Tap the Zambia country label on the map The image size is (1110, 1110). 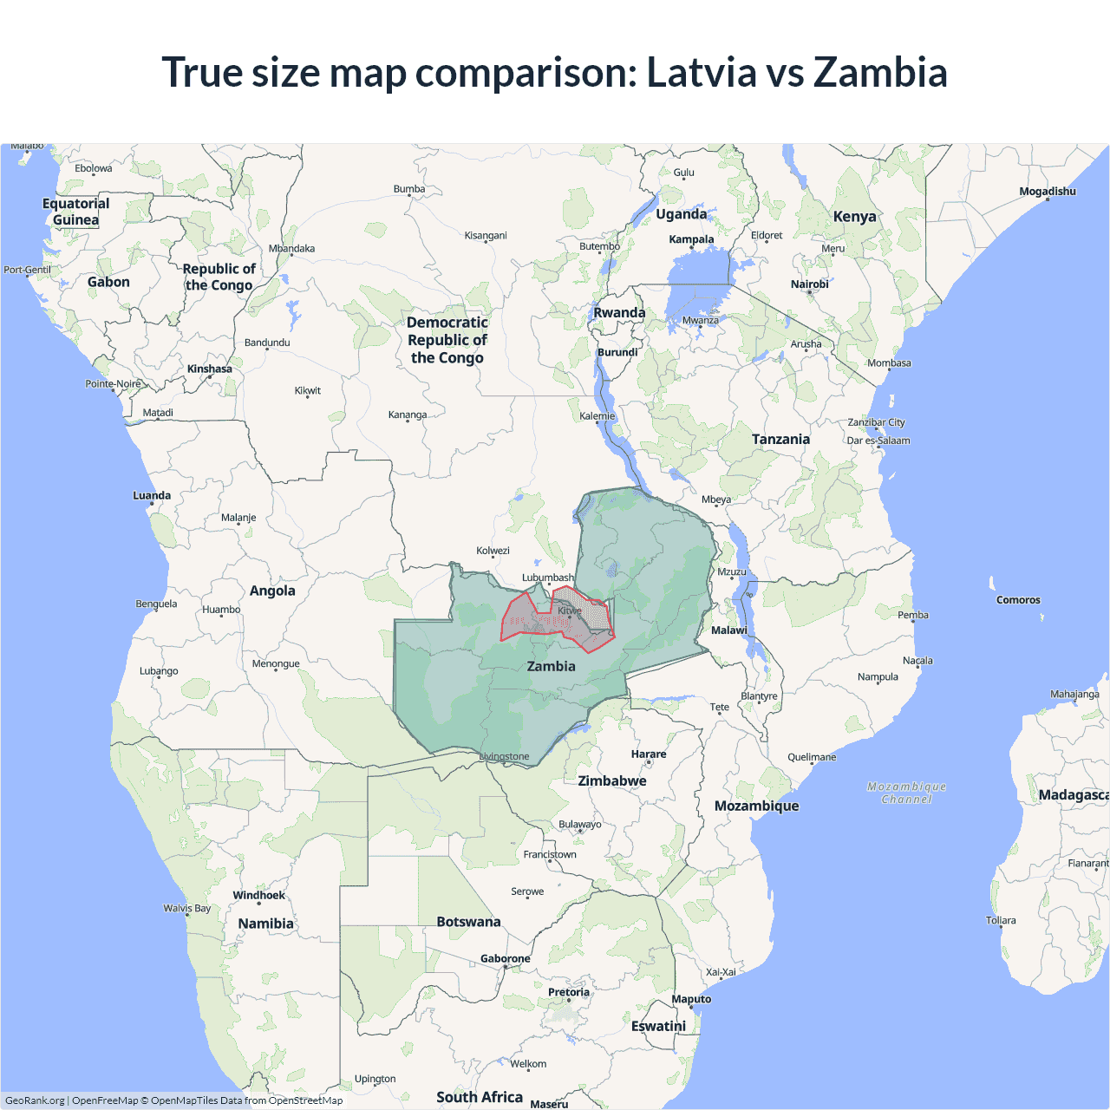(x=551, y=666)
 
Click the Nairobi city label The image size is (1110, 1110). (x=809, y=284)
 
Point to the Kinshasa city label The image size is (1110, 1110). (x=209, y=369)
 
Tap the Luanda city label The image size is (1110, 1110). (x=152, y=496)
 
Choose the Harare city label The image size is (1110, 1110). (x=649, y=754)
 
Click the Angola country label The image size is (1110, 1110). (x=272, y=591)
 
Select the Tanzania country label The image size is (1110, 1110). (x=780, y=440)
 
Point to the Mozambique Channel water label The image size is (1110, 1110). (x=906, y=793)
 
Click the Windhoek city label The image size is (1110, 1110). (x=258, y=895)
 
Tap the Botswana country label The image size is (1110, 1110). (x=468, y=922)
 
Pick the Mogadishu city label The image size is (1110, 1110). (x=1047, y=192)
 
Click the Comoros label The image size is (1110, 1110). (x=1018, y=600)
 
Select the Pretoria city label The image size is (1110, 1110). (x=568, y=992)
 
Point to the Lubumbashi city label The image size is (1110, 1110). (x=547, y=578)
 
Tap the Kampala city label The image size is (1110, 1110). (x=691, y=239)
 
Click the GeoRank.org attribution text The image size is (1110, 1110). (x=35, y=1100)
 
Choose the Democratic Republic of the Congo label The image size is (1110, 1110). (x=447, y=340)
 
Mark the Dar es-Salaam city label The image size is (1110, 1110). (x=878, y=441)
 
